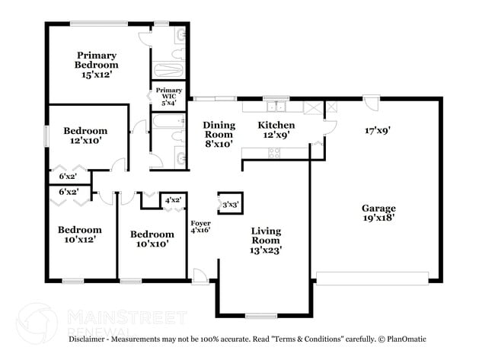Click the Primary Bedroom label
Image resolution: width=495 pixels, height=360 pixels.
[96, 65]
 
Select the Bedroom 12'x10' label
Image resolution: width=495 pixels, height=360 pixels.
[85, 135]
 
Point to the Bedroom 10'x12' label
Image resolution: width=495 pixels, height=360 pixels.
[80, 234]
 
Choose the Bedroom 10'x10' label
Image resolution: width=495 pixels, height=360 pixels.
[151, 239]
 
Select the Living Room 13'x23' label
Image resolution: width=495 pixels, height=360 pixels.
[266, 240]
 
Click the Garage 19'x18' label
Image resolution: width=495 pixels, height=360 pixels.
[378, 213]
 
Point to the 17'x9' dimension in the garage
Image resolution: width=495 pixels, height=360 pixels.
[378, 130]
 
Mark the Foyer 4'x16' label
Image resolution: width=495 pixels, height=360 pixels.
[200, 226]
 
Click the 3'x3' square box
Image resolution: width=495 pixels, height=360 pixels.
[230, 203]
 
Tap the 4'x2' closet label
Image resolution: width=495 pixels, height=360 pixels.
[174, 200]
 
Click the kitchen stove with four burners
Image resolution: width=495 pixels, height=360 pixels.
[273, 153]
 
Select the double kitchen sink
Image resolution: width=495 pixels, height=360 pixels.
[273, 104]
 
